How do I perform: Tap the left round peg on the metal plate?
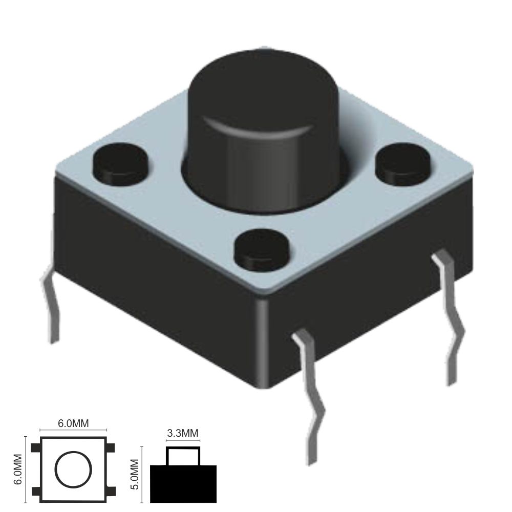pyautogui.click(x=120, y=163)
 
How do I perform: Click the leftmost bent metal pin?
pyautogui.click(x=51, y=307)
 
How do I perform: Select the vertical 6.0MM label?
pyautogui.click(x=18, y=470)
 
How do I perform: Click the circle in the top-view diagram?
pyautogui.click(x=73, y=470)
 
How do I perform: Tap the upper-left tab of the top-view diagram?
pyautogui.click(x=36, y=449)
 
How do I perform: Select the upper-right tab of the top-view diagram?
pyautogui.click(x=111, y=449)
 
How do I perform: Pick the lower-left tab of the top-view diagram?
pyautogui.click(x=36, y=492)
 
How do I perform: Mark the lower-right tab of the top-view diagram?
pyautogui.click(x=111, y=492)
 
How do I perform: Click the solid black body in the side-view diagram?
pyautogui.click(x=183, y=484)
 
